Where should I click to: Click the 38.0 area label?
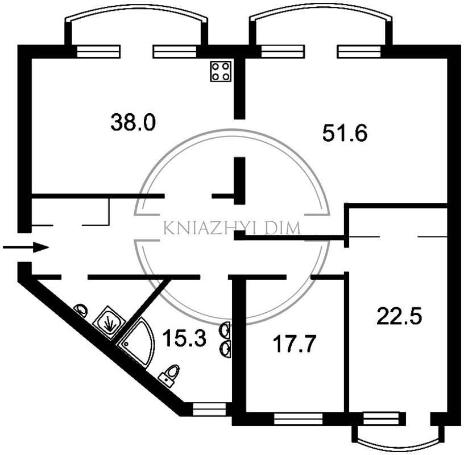coord(133,123)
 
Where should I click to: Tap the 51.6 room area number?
coord(345,133)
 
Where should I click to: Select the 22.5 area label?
coord(399,316)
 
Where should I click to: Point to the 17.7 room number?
coord(295,344)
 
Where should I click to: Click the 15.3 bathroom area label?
coord(184,338)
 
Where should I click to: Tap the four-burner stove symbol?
coord(221,71)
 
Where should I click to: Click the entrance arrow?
coord(26,247)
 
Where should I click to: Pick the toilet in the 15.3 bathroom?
coord(169,374)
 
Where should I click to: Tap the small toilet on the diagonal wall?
coord(81,311)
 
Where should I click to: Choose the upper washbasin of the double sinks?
coord(225,330)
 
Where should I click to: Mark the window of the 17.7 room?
coord(298,419)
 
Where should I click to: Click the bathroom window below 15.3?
coord(209,409)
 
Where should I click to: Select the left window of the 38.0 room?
coord(98,52)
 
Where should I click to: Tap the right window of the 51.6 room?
coord(359,52)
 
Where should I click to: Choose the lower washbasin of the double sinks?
coord(226,350)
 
